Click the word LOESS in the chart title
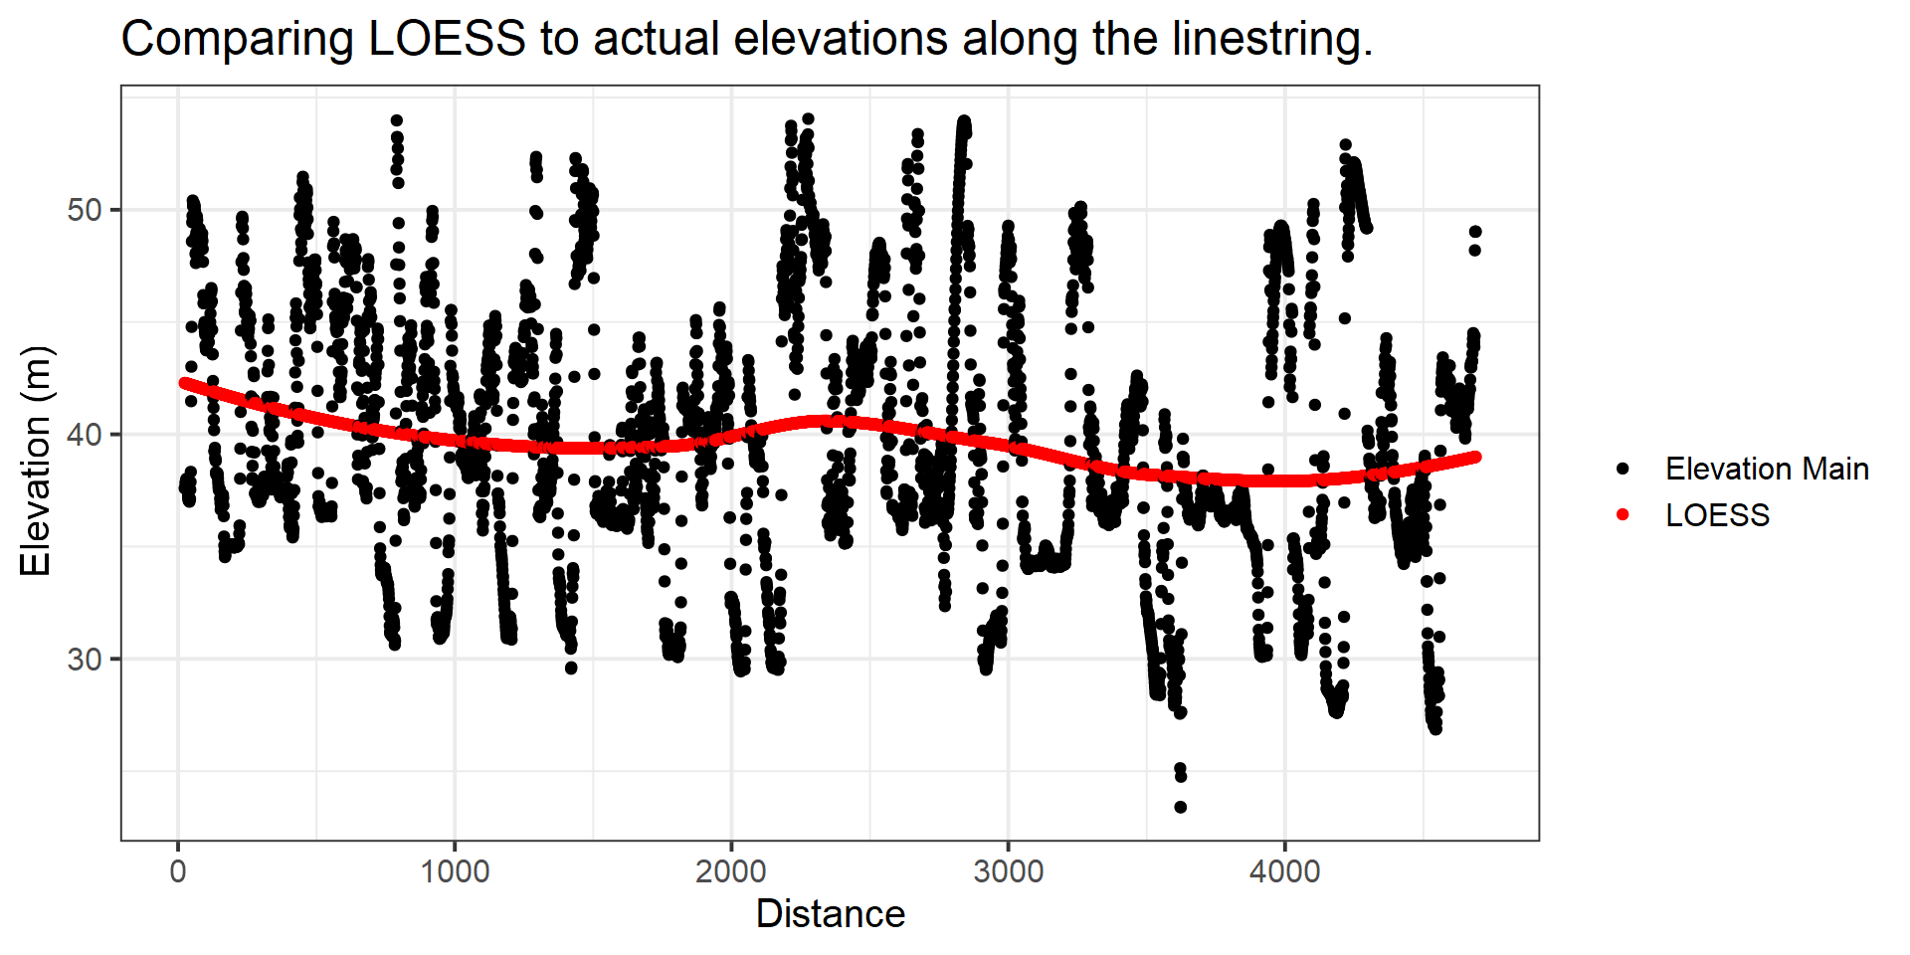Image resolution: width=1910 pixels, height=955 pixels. pyautogui.click(x=447, y=40)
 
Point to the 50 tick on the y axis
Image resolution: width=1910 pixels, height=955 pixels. pyautogui.click(x=85, y=211)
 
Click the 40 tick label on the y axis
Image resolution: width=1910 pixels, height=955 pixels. pyautogui.click(x=85, y=435)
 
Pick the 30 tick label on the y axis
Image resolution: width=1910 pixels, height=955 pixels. pyautogui.click(x=85, y=660)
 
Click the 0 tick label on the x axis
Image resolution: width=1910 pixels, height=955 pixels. pyautogui.click(x=178, y=872)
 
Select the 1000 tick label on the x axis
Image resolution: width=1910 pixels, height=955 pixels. pyautogui.click(x=455, y=872)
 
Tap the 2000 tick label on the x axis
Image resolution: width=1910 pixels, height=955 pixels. pyautogui.click(x=731, y=872)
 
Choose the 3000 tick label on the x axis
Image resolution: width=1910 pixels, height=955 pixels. pyautogui.click(x=1008, y=872)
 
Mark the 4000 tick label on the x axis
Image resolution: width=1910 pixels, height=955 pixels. pyautogui.click(x=1284, y=872)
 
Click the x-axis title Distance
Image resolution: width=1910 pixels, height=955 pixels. pyautogui.click(x=831, y=914)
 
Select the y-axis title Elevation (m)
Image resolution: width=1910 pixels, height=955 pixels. pyautogui.click(x=36, y=461)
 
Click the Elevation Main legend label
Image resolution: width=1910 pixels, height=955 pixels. pyautogui.click(x=1767, y=469)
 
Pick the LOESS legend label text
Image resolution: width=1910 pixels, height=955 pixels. pyautogui.click(x=1717, y=515)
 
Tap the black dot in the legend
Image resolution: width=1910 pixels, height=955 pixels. pyautogui.click(x=1623, y=469)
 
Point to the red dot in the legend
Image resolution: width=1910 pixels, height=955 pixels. pyautogui.click(x=1623, y=515)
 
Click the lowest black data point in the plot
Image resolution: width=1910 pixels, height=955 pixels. pyautogui.click(x=1180, y=807)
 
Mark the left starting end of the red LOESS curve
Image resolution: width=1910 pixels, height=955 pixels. pyautogui.click(x=184, y=383)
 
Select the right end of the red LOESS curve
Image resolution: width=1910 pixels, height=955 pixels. pyautogui.click(x=1476, y=457)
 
